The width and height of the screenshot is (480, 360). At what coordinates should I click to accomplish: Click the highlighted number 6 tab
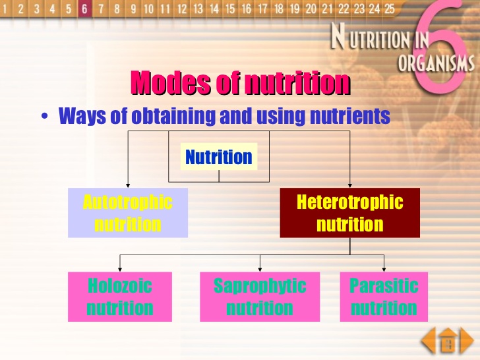(x=84, y=9)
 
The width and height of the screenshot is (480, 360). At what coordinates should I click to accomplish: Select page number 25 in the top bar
(x=390, y=9)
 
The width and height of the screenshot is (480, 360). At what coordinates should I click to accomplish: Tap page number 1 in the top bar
(x=6, y=9)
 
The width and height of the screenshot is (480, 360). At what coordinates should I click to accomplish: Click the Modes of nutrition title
(x=240, y=84)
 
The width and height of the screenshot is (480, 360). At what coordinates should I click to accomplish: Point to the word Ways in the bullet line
(x=78, y=117)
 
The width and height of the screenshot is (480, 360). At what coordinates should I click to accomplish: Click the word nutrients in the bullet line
(x=354, y=117)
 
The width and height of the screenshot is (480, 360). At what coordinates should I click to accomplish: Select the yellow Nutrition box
(x=218, y=157)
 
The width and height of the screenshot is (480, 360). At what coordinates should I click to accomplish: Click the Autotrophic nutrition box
(x=128, y=212)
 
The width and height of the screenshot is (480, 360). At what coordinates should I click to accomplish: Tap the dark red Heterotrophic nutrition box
(x=349, y=212)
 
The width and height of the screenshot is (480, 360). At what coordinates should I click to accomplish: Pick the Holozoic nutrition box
(x=120, y=297)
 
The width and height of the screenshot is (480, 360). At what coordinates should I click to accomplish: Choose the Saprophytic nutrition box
(x=260, y=297)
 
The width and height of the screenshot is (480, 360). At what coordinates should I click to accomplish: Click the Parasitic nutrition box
(x=384, y=297)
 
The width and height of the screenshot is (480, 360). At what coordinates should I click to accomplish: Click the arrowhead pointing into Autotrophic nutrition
(x=128, y=185)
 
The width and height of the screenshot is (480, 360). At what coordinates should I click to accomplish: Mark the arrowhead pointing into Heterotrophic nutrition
(x=349, y=185)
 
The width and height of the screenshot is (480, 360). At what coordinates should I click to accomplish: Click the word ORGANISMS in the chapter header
(x=436, y=63)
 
